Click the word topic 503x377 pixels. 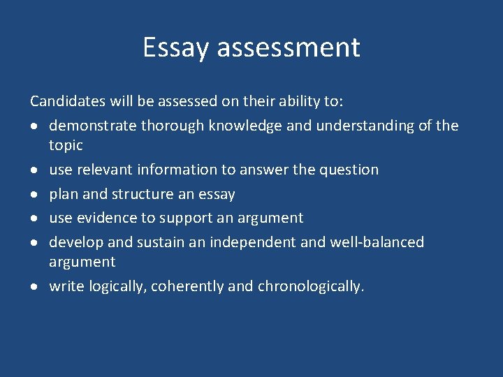click(66, 146)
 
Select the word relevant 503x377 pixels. click(107, 170)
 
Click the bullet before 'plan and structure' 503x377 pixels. click(34, 194)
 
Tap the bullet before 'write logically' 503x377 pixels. click(34, 286)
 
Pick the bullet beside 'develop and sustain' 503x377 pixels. click(34, 242)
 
